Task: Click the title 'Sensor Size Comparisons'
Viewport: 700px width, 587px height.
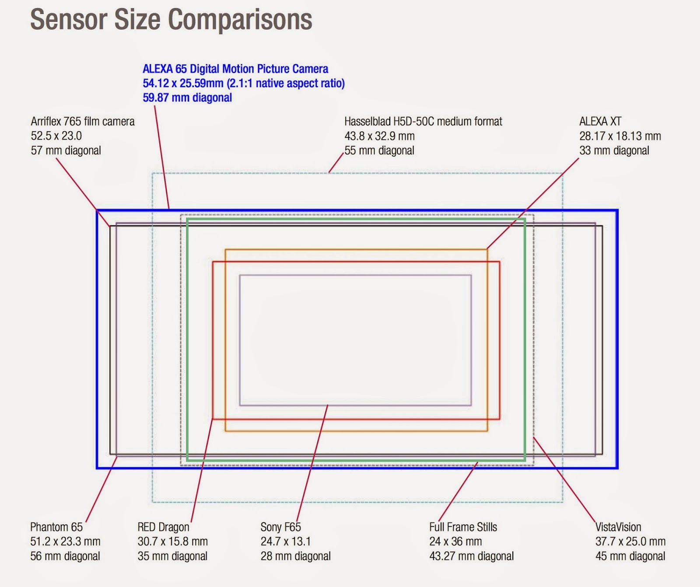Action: click(171, 20)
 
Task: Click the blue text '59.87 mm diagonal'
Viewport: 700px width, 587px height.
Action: click(187, 97)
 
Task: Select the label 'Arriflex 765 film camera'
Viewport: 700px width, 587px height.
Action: click(83, 122)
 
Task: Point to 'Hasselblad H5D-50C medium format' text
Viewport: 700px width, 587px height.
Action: click(423, 122)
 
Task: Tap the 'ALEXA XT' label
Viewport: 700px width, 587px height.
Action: click(600, 122)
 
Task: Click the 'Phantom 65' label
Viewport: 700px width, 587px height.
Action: click(56, 527)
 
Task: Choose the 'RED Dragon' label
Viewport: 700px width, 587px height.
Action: click(164, 527)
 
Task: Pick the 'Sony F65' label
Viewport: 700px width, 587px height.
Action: click(280, 527)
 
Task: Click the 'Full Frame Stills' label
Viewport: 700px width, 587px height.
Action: click(463, 527)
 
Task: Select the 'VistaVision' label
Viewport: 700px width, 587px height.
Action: click(618, 527)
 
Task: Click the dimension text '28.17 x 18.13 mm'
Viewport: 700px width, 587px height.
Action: click(620, 136)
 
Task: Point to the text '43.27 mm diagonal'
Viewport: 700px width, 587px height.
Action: click(471, 556)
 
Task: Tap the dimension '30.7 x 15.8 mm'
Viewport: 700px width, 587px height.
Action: click(172, 542)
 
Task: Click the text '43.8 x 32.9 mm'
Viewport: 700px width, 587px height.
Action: click(379, 136)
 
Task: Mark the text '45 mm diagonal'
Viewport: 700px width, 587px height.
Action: click(630, 556)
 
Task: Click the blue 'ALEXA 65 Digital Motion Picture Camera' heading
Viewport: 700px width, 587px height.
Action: click(235, 69)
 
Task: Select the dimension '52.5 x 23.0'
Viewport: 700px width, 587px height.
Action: click(56, 136)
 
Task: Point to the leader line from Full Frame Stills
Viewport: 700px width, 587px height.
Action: click(458, 492)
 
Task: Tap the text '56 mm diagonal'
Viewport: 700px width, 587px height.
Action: click(65, 556)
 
